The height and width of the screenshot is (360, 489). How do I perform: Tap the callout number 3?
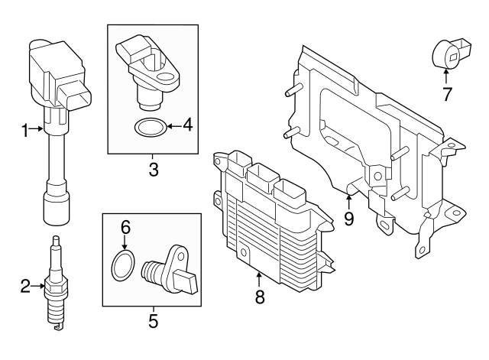coord(153,170)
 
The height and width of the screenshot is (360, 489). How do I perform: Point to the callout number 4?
coord(188,125)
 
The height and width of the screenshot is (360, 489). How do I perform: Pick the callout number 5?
coord(153,321)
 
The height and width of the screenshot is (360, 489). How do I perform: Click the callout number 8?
coord(260,297)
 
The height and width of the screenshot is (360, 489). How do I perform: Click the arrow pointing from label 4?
coord(173,125)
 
